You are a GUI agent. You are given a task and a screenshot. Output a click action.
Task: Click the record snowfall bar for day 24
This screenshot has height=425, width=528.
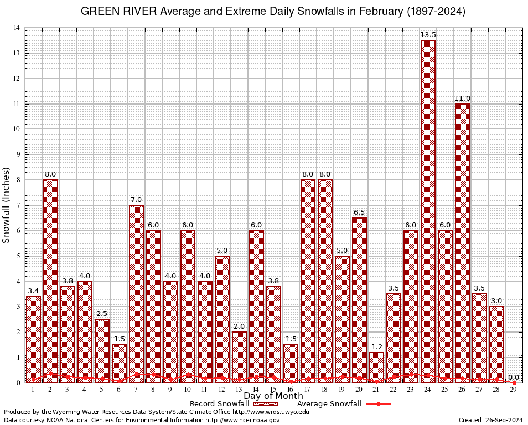pyautogui.click(x=428, y=210)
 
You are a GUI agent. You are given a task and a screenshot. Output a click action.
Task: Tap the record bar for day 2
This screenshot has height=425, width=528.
pyautogui.click(x=50, y=281)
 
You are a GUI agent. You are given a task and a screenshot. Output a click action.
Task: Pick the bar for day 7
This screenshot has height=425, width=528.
pyautogui.click(x=136, y=293)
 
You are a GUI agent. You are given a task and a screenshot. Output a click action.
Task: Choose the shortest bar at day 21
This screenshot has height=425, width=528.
pyautogui.click(x=376, y=367)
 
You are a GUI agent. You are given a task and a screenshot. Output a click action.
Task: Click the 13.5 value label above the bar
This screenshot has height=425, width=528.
pyautogui.click(x=428, y=35)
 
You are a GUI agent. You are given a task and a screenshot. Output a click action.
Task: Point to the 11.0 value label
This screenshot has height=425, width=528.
pyautogui.click(x=462, y=99)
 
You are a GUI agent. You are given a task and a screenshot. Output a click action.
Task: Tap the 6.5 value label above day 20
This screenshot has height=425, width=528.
pyautogui.click(x=359, y=212)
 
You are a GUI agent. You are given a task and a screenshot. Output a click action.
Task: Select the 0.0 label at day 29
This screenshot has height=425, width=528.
pyautogui.click(x=514, y=377)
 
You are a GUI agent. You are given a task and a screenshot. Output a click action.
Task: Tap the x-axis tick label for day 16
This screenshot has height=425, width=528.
pyautogui.click(x=291, y=390)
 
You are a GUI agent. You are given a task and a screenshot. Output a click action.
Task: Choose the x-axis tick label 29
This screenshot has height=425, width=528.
pyautogui.click(x=514, y=390)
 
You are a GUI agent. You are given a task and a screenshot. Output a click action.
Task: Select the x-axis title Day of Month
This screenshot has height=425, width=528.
pyautogui.click(x=273, y=396)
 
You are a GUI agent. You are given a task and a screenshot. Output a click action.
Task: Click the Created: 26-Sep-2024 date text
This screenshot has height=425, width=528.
pyautogui.click(x=491, y=420)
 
